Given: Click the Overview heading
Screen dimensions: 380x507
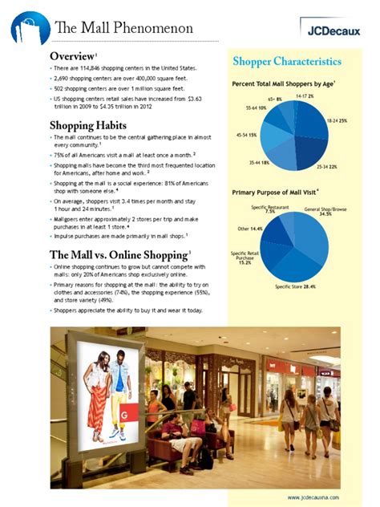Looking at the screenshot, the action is click(73, 56).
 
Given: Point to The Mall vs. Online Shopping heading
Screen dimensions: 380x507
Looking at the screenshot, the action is click(118, 254).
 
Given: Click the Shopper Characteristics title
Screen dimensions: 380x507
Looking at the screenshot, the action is click(287, 62).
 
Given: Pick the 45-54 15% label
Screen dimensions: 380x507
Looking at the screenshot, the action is click(245, 136).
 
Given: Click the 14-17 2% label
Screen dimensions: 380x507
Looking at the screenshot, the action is click(305, 95).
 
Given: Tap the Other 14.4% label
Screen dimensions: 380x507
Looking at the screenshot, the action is click(249, 229).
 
